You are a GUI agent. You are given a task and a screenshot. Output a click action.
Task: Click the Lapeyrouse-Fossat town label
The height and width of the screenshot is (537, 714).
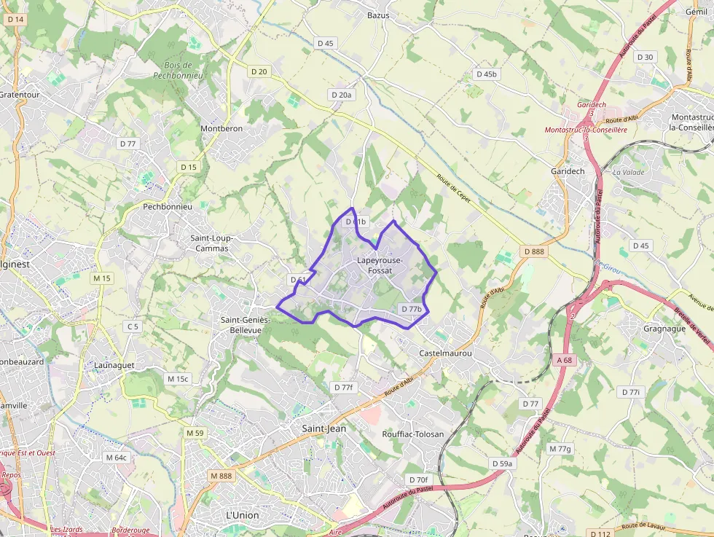pos(374,265)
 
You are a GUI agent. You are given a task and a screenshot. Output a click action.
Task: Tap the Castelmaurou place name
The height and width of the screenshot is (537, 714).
pos(446,353)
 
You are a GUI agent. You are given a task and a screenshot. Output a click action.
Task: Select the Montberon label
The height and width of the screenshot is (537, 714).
pos(221,128)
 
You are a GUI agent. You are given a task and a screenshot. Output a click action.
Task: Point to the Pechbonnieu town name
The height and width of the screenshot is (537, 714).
pos(168,206)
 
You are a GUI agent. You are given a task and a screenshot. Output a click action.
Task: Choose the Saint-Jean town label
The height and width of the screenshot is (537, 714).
pos(324,428)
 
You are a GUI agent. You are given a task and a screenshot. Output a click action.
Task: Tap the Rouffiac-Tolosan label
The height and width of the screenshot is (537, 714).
pos(413,434)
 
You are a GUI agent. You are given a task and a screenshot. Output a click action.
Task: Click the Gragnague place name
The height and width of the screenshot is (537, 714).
pos(664,329)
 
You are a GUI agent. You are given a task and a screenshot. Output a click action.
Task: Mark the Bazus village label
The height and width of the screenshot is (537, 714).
pos(378,15)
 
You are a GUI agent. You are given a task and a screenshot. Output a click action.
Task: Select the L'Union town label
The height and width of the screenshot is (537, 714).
pos(242,515)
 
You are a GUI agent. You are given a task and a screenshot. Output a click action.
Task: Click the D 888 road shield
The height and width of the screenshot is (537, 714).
pos(534,251)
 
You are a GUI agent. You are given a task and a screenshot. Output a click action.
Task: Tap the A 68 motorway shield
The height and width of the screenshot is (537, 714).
pos(565,359)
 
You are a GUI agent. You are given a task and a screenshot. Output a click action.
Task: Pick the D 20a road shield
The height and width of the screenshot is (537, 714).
pos(341,95)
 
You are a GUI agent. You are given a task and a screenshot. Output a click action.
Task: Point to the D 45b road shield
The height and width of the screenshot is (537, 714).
pos(486,74)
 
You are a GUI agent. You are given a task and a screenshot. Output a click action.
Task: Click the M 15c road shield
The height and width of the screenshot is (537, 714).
pos(178,379)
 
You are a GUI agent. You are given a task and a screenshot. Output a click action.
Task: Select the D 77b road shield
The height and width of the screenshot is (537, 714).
pos(412,309)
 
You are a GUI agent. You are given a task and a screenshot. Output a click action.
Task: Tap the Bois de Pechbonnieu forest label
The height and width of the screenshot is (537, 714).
pos(178,70)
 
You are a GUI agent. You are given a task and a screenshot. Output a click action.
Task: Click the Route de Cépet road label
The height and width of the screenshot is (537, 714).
pos(454,188)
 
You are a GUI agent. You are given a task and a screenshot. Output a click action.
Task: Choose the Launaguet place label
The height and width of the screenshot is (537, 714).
pos(112,364)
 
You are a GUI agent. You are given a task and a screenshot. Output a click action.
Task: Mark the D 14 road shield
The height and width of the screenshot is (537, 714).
pos(15,20)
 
